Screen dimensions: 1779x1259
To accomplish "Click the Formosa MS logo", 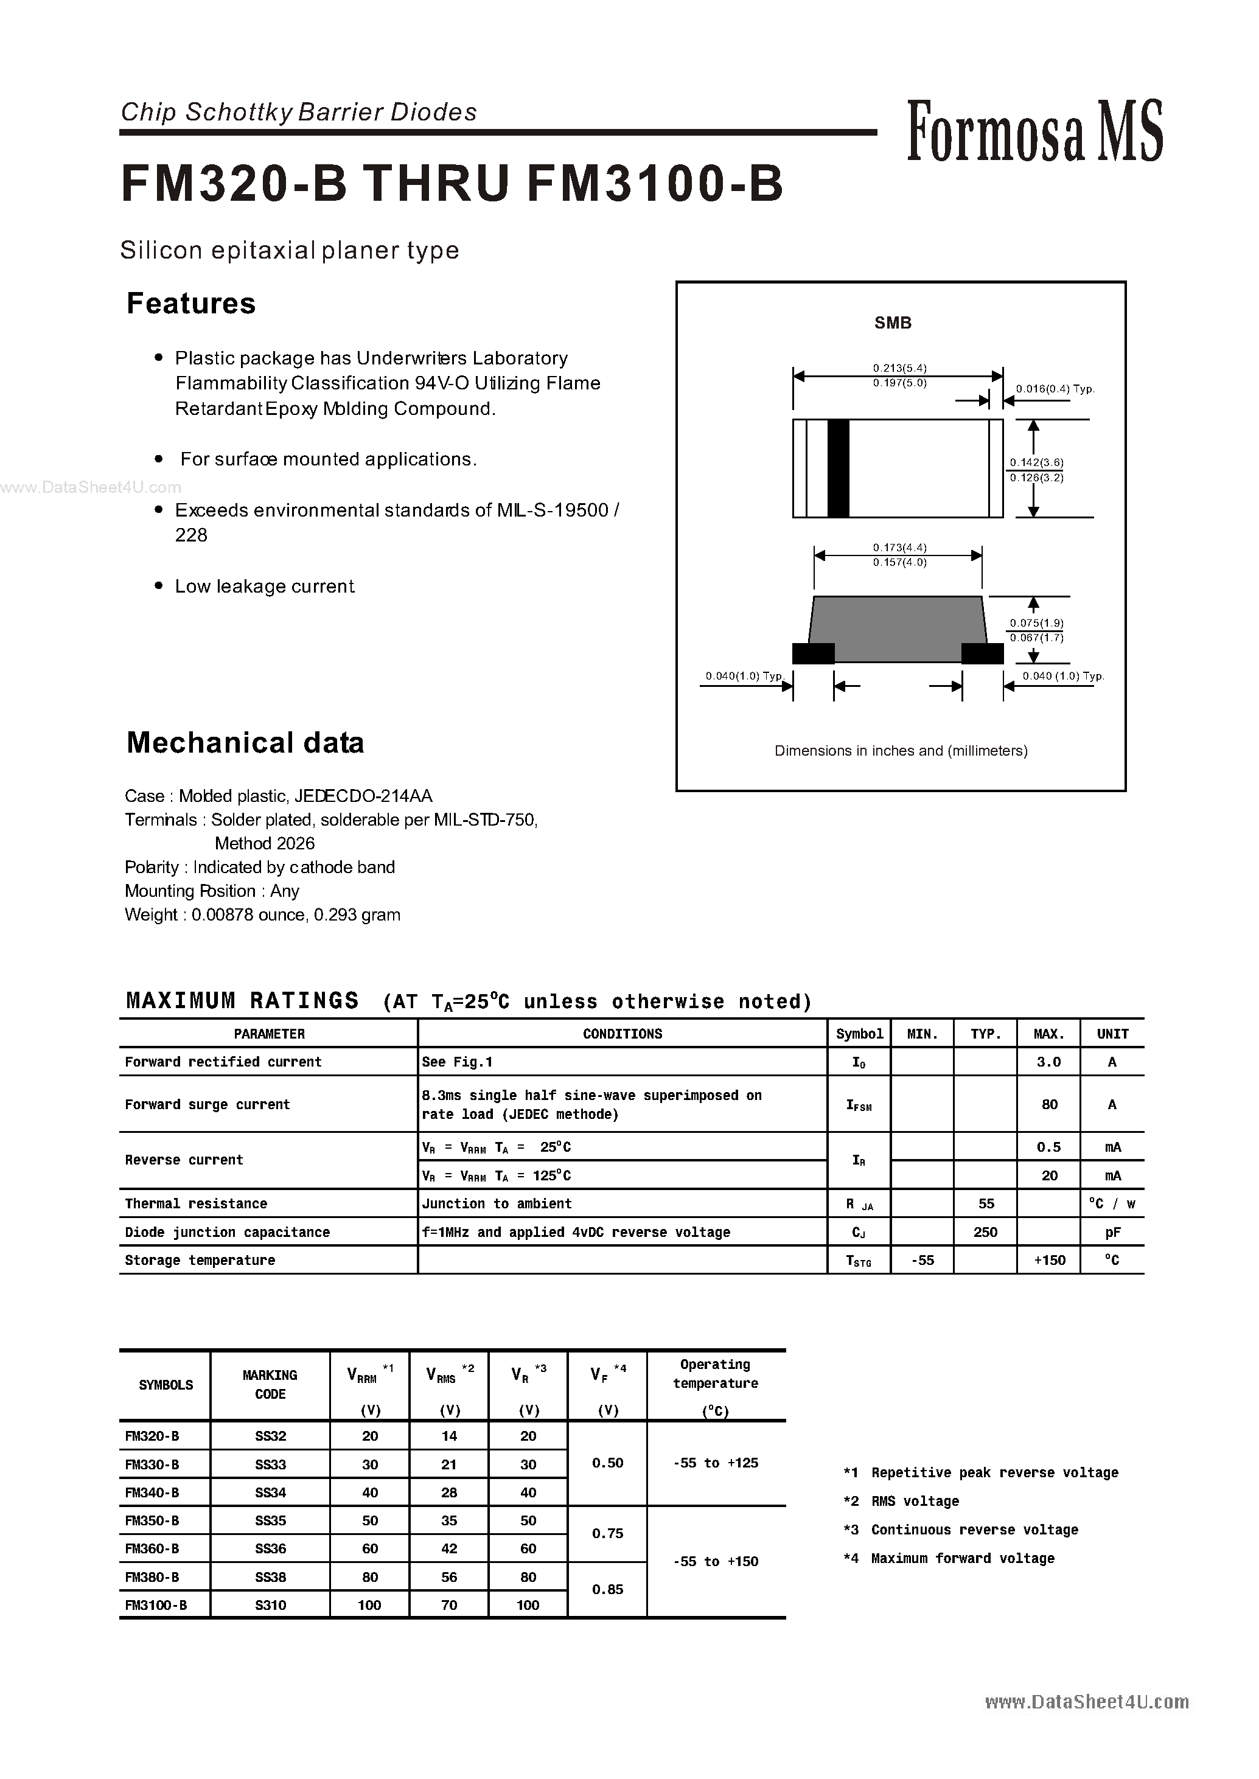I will click(1034, 132).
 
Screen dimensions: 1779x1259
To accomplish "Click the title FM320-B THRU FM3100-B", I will click(452, 184).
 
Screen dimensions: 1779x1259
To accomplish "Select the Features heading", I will click(190, 303).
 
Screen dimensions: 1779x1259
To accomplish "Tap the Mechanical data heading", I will click(245, 743).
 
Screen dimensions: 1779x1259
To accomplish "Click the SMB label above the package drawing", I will click(892, 322).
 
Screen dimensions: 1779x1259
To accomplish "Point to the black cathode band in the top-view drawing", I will click(838, 468).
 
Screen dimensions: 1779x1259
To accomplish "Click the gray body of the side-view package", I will click(897, 628).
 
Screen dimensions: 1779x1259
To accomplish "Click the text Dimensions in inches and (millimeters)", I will click(901, 750).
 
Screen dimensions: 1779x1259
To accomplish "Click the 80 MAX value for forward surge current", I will click(1049, 1105).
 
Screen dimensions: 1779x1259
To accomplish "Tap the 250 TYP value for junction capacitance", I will click(985, 1232).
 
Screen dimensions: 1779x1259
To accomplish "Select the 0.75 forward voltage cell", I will click(607, 1533).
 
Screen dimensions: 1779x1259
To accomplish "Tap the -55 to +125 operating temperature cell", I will click(716, 1463).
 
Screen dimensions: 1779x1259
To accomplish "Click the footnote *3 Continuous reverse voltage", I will click(961, 1530).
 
